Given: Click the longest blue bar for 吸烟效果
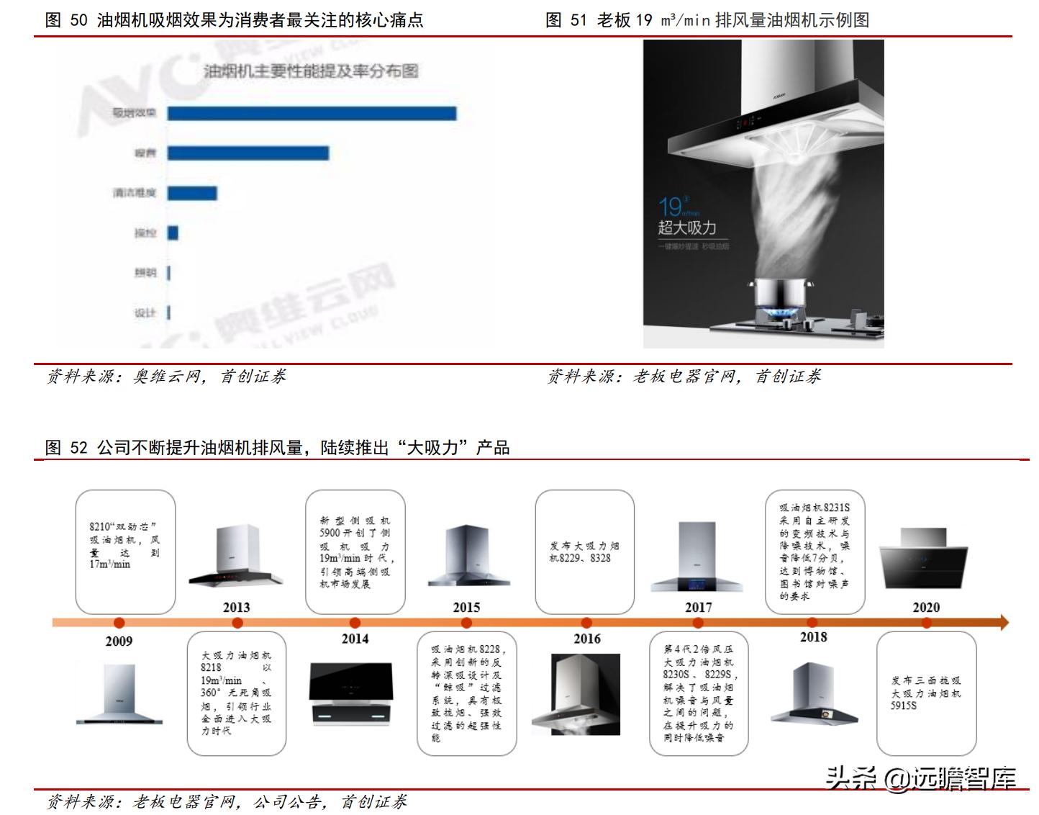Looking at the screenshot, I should coord(312,113).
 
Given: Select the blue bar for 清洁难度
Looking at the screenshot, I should coord(192,193).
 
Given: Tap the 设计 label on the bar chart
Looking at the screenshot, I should coord(145,312).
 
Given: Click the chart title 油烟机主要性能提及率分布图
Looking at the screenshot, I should coord(310,71).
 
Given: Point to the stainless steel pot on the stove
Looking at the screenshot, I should coord(781,297).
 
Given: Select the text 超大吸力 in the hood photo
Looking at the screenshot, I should coord(687,228).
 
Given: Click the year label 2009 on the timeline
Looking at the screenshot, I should coord(119,641).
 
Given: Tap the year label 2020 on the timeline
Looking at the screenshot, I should coord(926,607).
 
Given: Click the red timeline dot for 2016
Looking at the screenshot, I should coord(586,623).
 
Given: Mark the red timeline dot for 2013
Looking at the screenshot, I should coord(237,623).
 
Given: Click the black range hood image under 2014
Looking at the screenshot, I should coord(353,693).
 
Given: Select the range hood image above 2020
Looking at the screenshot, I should coord(923,558).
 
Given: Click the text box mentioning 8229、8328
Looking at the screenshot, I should coord(584,551).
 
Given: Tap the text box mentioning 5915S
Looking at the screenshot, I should coord(926,693).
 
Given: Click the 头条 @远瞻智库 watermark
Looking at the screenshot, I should coord(920,778).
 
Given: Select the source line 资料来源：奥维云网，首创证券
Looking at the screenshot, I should coord(166,377).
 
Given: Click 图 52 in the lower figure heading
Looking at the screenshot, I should coord(66,448).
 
